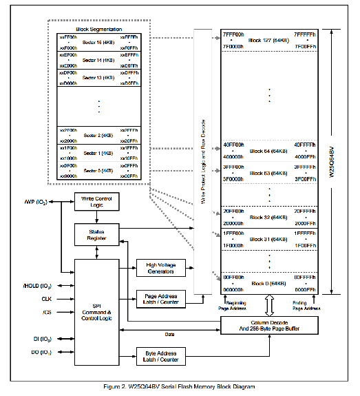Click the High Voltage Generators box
(162, 267)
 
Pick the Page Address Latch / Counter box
(162, 299)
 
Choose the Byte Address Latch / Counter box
(162, 356)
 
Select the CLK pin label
(46, 299)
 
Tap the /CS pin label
(47, 312)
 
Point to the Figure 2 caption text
(180, 387)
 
